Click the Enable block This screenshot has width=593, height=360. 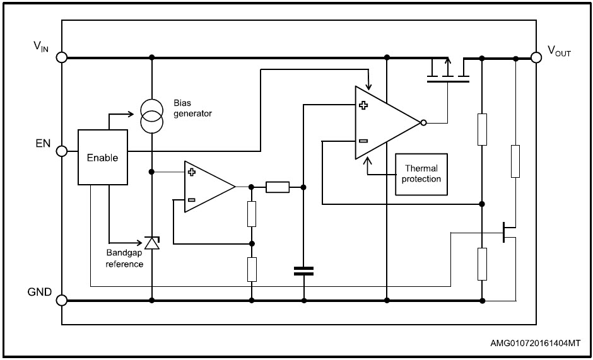pyautogui.click(x=102, y=158)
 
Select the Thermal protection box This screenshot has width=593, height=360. pyautogui.click(x=421, y=174)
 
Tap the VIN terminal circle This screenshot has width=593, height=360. pyautogui.click(x=62, y=57)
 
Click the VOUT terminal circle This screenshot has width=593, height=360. pyautogui.click(x=536, y=57)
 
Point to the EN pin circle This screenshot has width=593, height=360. pyautogui.click(x=62, y=151)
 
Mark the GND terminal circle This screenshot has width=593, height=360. pyautogui.click(x=62, y=301)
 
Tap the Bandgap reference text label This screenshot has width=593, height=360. pyautogui.click(x=124, y=258)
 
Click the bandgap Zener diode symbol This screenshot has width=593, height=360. pyautogui.click(x=151, y=243)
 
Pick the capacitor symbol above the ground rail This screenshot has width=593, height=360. pyautogui.click(x=303, y=271)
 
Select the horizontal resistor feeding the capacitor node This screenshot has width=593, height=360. pyautogui.click(x=278, y=187)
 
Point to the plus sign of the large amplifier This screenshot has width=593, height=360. pyautogui.click(x=363, y=106)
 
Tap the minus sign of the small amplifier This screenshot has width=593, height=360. pyautogui.click(x=191, y=201)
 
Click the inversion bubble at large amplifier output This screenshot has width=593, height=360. pyautogui.click(x=423, y=123)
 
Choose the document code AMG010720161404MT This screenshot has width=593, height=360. pyautogui.click(x=535, y=344)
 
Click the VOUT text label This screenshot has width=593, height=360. pyautogui.click(x=559, y=52)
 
